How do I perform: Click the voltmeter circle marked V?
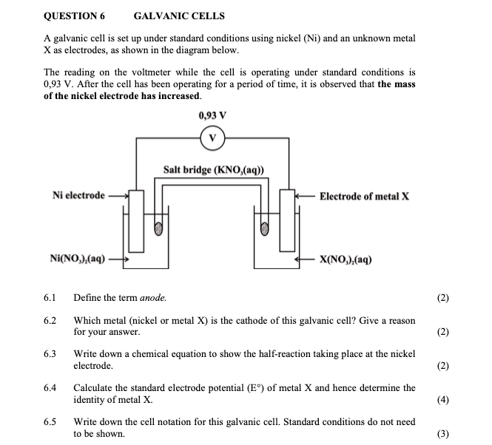coord(212,138)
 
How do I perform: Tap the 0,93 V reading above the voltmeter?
coord(212,115)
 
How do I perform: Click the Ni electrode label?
coord(78,195)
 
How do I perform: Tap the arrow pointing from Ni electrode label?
coord(118,196)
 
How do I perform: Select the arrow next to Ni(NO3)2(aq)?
coord(119,259)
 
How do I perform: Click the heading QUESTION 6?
coord(75,16)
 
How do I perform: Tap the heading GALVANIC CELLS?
coord(179,16)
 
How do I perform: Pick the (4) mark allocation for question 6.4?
coord(443,401)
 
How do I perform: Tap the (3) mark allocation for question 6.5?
coord(443,434)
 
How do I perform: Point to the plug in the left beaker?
coord(158,229)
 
